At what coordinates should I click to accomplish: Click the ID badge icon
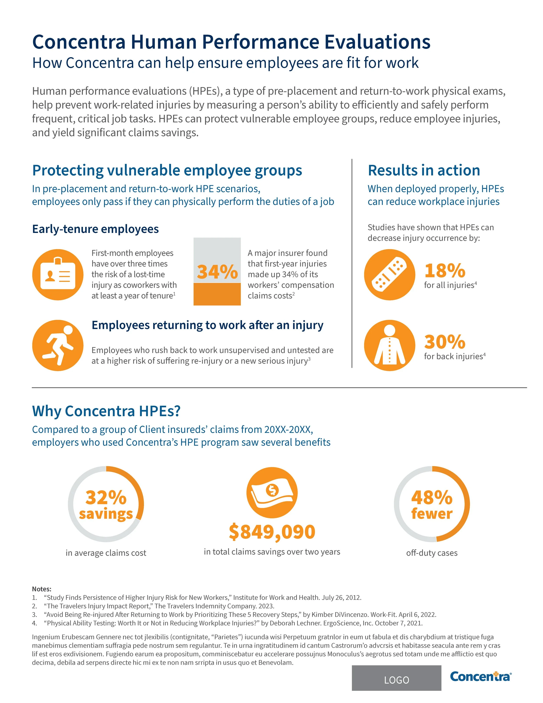[58, 274]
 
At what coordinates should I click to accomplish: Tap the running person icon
[58, 345]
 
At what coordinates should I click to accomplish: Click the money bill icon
[272, 492]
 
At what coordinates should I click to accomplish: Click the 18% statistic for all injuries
[445, 270]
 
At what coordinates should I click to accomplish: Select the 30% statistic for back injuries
[445, 342]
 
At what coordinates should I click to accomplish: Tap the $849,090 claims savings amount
[272, 532]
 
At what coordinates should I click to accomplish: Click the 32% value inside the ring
[106, 497]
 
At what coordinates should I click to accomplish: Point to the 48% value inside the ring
[432, 497]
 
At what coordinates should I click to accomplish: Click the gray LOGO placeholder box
[396, 680]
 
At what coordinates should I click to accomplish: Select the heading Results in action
[424, 170]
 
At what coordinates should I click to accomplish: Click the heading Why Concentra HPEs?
[106, 411]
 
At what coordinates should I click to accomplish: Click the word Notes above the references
[41, 589]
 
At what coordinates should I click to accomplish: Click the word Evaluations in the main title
[377, 42]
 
